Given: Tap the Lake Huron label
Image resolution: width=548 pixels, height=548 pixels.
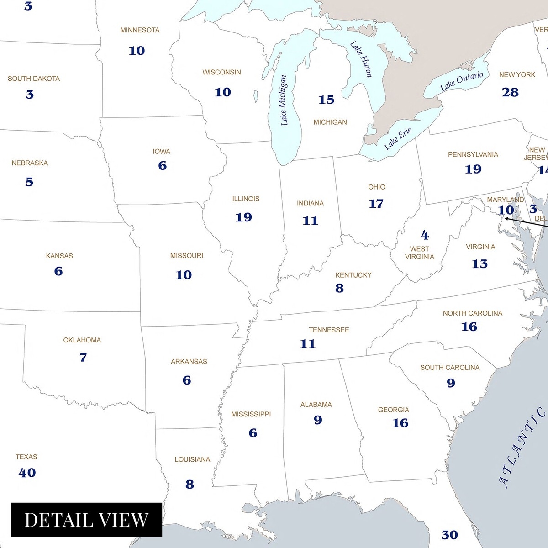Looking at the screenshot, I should coord(361,59).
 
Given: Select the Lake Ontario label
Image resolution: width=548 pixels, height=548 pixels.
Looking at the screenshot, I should coord(461,81).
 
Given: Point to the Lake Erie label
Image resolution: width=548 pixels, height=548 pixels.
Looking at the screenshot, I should coord(398,138).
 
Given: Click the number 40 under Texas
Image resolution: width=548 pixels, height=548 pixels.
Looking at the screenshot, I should coord(27,473).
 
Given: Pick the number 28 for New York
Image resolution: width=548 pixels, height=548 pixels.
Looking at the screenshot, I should coord(510,92).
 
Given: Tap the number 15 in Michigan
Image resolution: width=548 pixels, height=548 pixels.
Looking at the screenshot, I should coord(326,100).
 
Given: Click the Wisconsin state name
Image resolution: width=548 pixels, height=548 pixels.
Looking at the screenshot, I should coord(221,72).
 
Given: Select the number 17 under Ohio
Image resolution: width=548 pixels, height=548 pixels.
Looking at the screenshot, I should coord(376,204).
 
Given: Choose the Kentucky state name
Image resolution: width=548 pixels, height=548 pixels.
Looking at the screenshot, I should coord(353,275).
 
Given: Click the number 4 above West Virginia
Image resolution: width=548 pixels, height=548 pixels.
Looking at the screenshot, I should coord(425,235).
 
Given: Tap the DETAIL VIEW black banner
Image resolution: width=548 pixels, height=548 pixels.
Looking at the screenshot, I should coord(86,520).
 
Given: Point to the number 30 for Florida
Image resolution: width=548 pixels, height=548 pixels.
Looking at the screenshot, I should coord(449,535).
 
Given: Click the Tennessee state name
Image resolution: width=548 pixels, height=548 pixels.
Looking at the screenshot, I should coord(328,330).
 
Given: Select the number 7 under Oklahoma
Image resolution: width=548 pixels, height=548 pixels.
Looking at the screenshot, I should coord(83,357).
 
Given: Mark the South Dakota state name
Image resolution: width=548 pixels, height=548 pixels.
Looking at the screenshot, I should coord(33,79).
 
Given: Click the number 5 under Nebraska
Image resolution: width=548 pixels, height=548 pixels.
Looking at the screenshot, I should coord(29,182).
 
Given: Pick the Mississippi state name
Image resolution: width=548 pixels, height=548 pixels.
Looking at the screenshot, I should coord(251,414).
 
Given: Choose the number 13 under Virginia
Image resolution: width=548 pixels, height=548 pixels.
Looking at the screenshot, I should coord(479,264).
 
